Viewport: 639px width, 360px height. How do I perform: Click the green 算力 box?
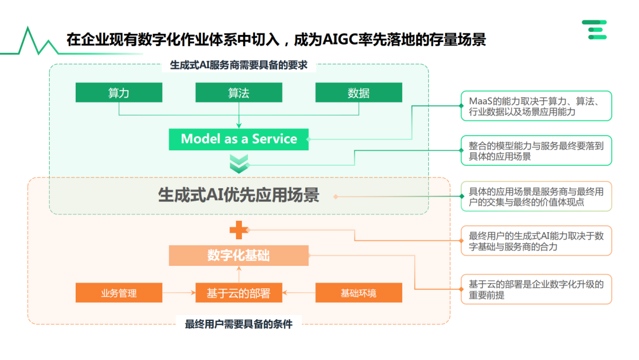pyautogui.click(x=119, y=93)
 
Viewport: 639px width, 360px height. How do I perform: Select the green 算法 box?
pyautogui.click(x=238, y=93)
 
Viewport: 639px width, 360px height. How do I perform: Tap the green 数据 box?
pyautogui.click(x=359, y=93)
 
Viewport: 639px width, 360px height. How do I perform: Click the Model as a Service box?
pyautogui.click(x=238, y=139)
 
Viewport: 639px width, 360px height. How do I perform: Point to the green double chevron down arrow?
pyautogui.click(x=238, y=163)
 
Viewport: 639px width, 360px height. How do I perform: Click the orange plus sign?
pyautogui.click(x=238, y=229)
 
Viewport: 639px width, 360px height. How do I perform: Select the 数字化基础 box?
pyautogui.click(x=238, y=255)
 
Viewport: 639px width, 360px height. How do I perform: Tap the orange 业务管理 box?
pyautogui.click(x=119, y=293)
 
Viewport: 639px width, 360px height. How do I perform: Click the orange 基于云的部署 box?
pyautogui.click(x=238, y=293)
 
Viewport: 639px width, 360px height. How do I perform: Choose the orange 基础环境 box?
pyautogui.click(x=359, y=293)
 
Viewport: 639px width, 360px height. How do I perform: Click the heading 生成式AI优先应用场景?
pyautogui.click(x=238, y=195)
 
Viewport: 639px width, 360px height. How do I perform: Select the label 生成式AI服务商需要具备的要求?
pyautogui.click(x=238, y=65)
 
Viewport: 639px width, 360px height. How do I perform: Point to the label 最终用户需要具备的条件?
pyautogui.click(x=238, y=324)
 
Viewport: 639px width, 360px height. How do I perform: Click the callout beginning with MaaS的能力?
pyautogui.click(x=536, y=106)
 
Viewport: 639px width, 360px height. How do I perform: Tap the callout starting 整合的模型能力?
pyautogui.click(x=536, y=150)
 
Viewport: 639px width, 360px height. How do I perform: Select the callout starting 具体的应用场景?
pyautogui.click(x=536, y=197)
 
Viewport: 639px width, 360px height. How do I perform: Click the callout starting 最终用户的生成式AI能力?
pyautogui.click(x=536, y=241)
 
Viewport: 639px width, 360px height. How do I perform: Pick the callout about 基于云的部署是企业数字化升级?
pyautogui.click(x=536, y=289)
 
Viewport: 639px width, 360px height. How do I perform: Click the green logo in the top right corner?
pyautogui.click(x=594, y=30)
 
